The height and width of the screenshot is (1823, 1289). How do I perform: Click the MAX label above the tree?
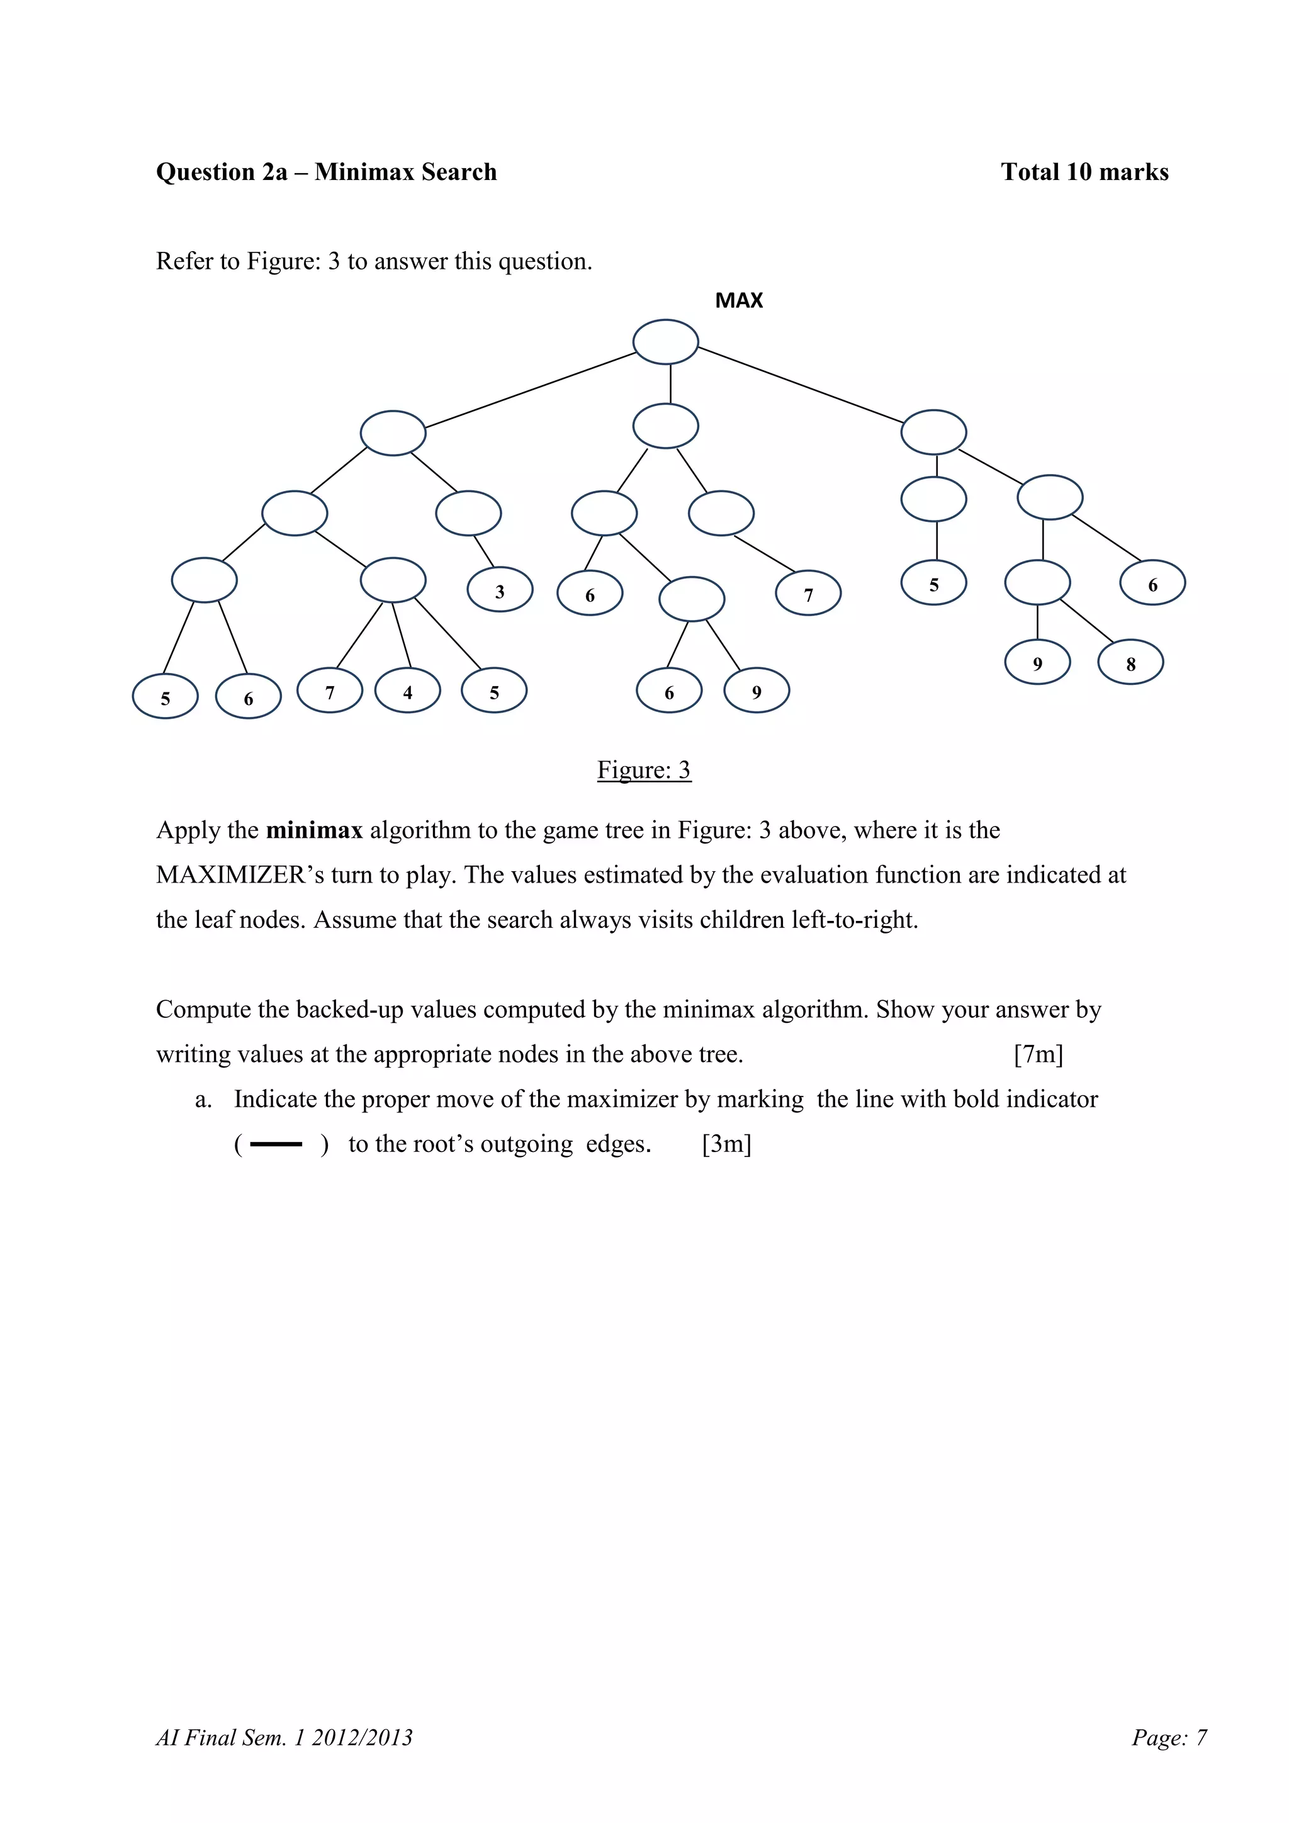pos(738,300)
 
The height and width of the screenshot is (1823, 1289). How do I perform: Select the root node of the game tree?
pos(665,342)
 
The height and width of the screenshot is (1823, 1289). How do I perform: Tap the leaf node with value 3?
pos(499,590)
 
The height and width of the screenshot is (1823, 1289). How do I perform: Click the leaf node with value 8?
pos(1130,663)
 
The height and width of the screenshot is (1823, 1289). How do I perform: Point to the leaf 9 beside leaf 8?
pos(1037,663)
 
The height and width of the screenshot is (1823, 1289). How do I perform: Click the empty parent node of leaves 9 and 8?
pos(1037,582)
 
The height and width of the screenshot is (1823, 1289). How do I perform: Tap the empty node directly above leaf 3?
pos(468,513)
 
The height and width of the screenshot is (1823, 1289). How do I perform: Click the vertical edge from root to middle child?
pos(671,384)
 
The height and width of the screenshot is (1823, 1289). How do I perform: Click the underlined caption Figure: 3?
pos(644,769)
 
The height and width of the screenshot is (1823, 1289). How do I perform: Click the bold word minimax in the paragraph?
pos(314,830)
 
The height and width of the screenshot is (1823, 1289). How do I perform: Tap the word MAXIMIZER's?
pos(240,874)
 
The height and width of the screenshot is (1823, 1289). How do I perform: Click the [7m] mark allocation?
pos(1038,1054)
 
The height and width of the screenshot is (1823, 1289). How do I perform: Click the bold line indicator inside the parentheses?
pos(276,1144)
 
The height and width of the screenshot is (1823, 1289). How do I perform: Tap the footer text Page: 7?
pos(1169,1737)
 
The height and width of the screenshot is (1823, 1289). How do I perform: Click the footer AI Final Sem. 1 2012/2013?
pos(284,1737)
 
